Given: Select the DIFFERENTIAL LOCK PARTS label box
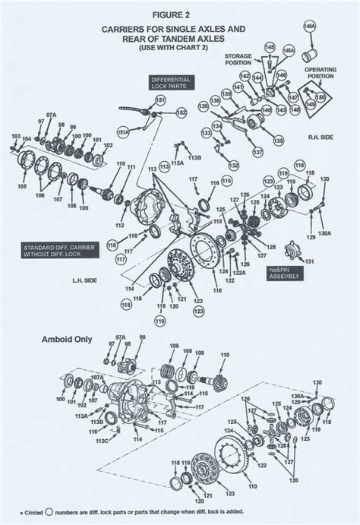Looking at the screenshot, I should (171, 81).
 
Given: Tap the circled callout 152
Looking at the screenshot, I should (182, 112).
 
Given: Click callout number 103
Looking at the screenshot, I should (16, 136).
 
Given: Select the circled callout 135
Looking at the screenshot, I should (279, 141).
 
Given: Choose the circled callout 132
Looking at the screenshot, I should (234, 165).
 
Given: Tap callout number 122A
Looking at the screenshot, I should (239, 272).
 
